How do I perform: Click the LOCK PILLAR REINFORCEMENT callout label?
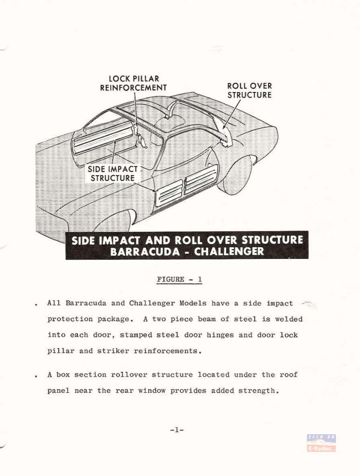(x=133, y=83)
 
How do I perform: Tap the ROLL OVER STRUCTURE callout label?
(x=249, y=91)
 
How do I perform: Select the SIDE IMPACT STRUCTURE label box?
(x=112, y=174)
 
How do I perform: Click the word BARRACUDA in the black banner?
(x=145, y=251)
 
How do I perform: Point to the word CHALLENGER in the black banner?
(x=229, y=251)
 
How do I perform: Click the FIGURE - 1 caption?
(x=180, y=279)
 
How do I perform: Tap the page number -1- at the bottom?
(x=177, y=430)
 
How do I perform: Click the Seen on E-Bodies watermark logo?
(x=321, y=443)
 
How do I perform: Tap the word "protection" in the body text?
(x=70, y=319)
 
